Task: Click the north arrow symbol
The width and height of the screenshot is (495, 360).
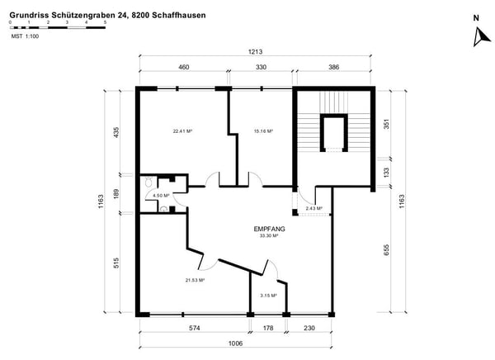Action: [x=476, y=35]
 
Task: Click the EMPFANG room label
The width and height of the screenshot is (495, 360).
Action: [x=269, y=229]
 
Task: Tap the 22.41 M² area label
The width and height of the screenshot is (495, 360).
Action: [x=182, y=130]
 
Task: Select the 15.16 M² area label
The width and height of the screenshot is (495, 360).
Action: [x=263, y=130]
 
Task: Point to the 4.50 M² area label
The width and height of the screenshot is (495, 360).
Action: [x=161, y=196]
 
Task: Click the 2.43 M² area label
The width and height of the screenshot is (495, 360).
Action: [x=314, y=209]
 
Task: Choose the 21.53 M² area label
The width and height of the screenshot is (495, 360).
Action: [x=194, y=280]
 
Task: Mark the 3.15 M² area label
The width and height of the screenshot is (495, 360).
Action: [x=266, y=296]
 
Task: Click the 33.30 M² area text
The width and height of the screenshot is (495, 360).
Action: [x=269, y=236]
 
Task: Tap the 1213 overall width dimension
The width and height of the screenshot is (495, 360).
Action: [x=255, y=51]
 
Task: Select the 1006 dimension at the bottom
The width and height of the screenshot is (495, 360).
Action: [x=236, y=344]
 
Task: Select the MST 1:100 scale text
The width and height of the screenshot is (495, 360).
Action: [x=25, y=36]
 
